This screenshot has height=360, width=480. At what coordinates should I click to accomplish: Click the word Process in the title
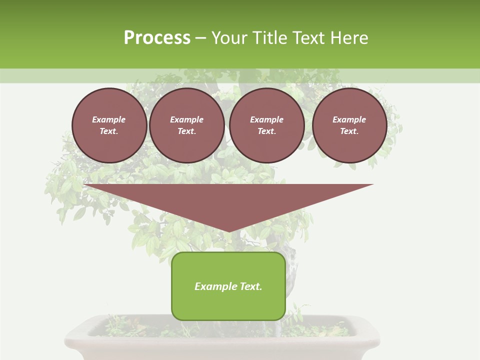tap(157, 37)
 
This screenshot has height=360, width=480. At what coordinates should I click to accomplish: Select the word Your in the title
tap(229, 37)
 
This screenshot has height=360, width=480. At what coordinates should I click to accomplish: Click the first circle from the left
tap(109, 125)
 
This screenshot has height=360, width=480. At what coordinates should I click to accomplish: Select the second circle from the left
tap(186, 125)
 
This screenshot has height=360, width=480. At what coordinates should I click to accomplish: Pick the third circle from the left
tap(266, 125)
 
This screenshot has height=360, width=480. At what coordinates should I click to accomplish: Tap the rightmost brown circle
tap(349, 125)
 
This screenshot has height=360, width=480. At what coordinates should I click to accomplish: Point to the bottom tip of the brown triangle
tap(228, 231)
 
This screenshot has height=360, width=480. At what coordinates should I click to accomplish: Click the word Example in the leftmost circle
tap(109, 119)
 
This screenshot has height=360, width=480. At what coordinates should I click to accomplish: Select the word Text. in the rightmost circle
tap(349, 131)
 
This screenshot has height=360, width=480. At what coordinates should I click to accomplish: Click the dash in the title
tap(200, 38)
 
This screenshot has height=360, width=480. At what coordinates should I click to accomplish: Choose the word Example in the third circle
tap(266, 119)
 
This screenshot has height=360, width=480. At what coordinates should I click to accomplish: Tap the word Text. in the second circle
tap(186, 131)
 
